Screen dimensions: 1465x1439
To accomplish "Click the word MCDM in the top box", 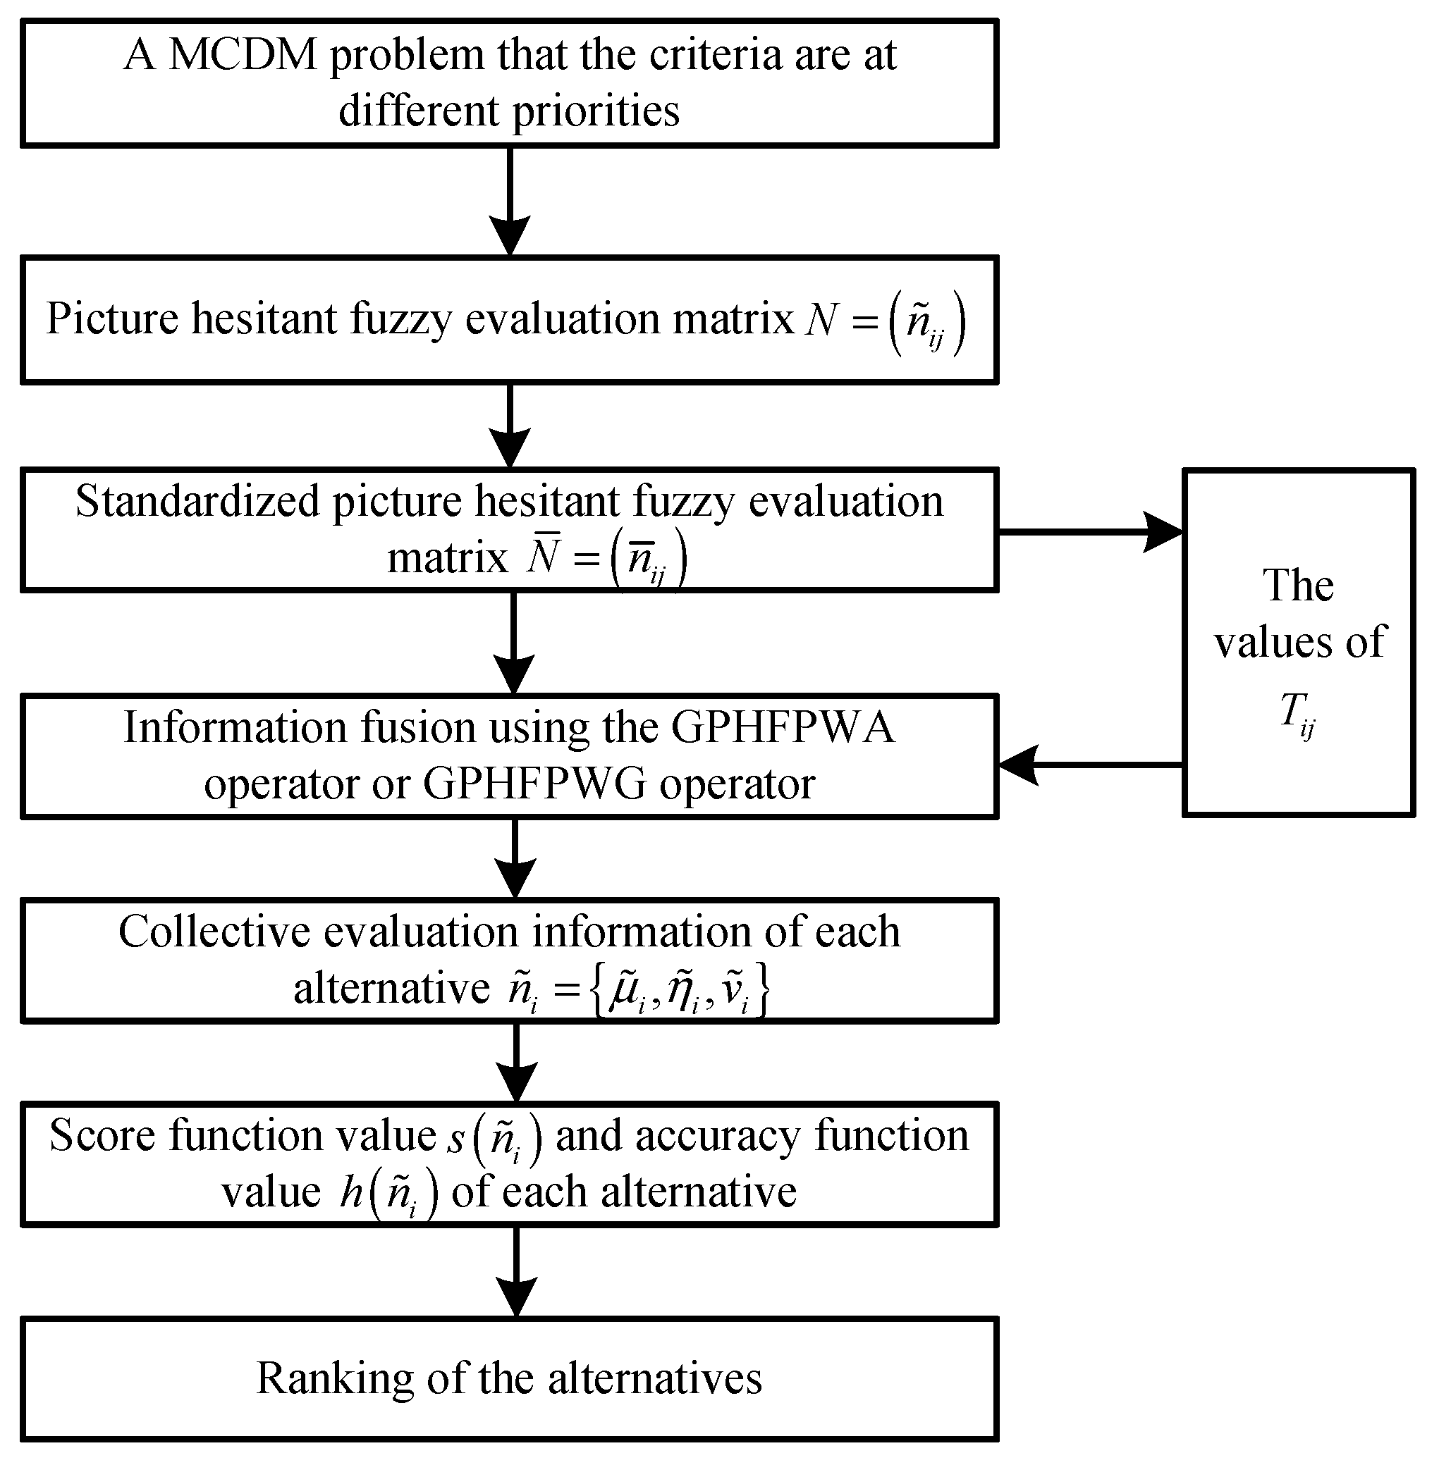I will (x=243, y=55).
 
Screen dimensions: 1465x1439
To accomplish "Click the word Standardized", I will (x=197, y=502).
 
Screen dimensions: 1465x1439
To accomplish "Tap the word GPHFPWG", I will (x=534, y=784).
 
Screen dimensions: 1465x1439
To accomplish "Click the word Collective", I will (x=214, y=932).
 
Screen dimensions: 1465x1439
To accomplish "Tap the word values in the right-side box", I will (x=1269, y=642).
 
